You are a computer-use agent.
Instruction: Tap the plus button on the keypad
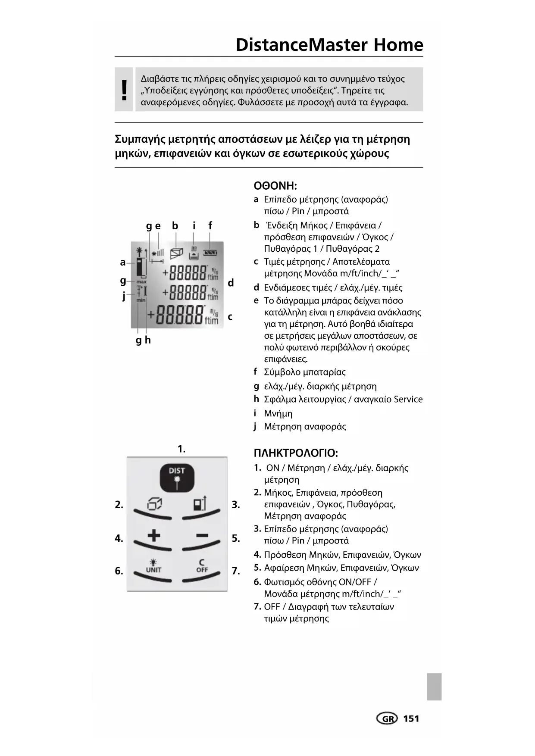pos(153,536)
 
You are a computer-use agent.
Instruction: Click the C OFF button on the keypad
pos(201,566)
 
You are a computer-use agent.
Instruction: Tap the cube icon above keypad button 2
pos(154,503)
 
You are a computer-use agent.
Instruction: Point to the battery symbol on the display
pos(210,253)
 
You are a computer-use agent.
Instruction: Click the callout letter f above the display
pos(210,225)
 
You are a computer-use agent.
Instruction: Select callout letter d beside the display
pos(231,283)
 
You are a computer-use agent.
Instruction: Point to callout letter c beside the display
pos(230,317)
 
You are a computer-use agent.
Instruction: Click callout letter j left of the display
pos(124,296)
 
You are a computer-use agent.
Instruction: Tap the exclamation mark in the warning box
pos(124,90)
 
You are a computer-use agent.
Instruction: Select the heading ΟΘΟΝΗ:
pos(275,186)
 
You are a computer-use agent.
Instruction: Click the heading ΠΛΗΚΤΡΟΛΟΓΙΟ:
pos(296,453)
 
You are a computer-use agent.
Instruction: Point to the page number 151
pos(411,719)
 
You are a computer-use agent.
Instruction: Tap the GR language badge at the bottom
pos(387,719)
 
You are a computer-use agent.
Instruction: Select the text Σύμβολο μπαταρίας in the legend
pos(304,372)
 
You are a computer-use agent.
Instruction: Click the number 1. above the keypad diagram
pos(181,449)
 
